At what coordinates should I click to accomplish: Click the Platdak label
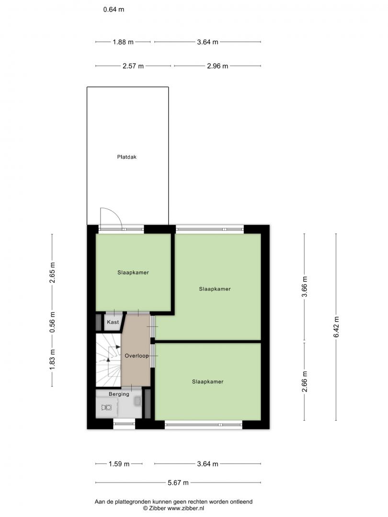point(126,157)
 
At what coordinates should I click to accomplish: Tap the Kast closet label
point(113,322)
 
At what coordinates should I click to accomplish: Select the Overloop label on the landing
point(137,356)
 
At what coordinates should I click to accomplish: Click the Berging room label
point(119,394)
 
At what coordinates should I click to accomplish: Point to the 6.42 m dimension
point(336,327)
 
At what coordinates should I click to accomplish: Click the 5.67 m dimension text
point(178,483)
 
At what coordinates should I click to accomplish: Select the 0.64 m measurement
point(114,10)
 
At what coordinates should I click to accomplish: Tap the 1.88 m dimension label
point(123,42)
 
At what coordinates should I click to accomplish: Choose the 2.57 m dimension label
point(133,66)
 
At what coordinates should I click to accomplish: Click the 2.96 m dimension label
point(218,66)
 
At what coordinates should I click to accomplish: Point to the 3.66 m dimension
point(305,287)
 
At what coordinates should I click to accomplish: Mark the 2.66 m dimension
point(305,382)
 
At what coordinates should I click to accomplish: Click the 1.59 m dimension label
point(119,464)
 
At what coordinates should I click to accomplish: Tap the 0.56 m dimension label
point(52,322)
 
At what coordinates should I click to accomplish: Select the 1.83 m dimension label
point(52,359)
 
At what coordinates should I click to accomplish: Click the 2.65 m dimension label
point(52,273)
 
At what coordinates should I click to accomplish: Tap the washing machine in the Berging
point(106,407)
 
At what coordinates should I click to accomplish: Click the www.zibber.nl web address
point(186,508)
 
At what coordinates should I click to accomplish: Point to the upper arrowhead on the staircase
point(118,347)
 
